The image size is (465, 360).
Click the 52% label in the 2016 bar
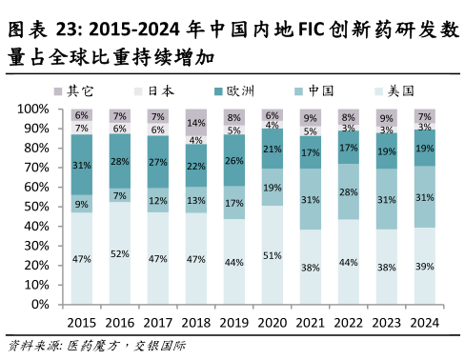click(120, 253)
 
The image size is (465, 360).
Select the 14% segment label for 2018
click(196, 123)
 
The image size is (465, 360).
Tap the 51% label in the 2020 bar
click(273, 254)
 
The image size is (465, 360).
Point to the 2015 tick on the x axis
click(82, 323)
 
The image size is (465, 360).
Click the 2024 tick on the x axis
click(425, 323)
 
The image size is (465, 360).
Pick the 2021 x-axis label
click(311, 323)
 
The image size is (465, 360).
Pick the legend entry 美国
click(400, 90)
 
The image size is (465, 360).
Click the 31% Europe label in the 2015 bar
click(82, 165)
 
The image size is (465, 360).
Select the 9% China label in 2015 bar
click(82, 203)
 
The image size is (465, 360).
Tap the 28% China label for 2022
click(349, 191)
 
